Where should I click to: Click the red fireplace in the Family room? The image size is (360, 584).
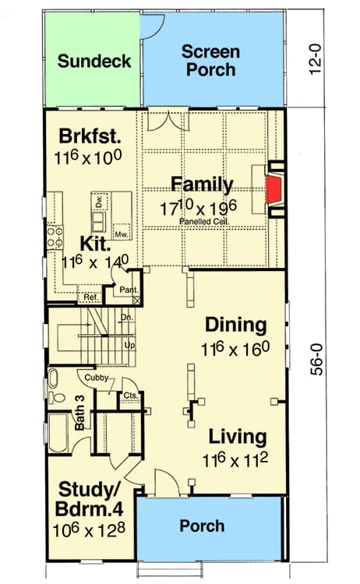[274, 189]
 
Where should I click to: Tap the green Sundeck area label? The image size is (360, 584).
[94, 62]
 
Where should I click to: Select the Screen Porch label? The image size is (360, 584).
[209, 61]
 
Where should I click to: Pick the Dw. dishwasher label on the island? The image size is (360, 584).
[99, 203]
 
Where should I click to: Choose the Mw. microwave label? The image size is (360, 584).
[121, 233]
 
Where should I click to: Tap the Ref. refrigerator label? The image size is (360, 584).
[90, 297]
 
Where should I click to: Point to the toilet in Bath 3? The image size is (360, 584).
[55, 382]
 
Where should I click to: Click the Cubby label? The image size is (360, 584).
[97, 378]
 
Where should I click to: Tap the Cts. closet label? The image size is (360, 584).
[130, 396]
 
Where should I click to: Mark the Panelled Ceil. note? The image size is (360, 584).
[202, 220]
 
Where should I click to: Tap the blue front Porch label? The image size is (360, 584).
[202, 526]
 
